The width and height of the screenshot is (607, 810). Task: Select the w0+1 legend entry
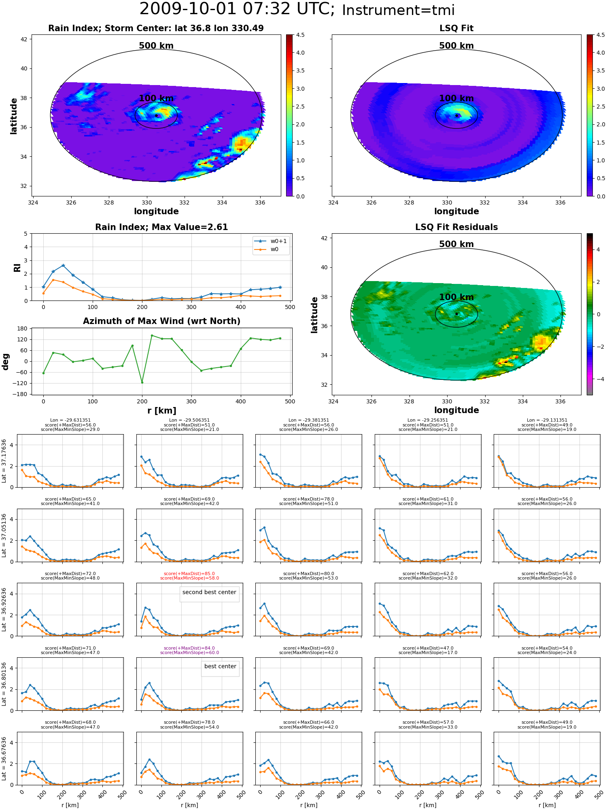coord(271,241)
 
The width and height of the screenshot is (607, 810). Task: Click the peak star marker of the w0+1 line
coord(63,266)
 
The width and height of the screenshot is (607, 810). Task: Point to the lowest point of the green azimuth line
coord(142,382)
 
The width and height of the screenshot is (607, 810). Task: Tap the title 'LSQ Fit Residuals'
coord(456,227)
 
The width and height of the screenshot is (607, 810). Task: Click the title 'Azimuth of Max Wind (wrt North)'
coord(161,321)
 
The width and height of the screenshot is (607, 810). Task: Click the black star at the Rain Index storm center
coord(156,115)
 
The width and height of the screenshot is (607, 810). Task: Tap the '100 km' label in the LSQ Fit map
coord(456,98)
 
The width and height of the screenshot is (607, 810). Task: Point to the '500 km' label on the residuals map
coord(456,244)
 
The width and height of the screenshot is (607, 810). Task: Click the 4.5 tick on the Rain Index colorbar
coord(300,35)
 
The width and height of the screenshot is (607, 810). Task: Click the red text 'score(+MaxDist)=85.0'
coord(189,574)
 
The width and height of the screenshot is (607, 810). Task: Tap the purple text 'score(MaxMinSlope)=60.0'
coord(189,653)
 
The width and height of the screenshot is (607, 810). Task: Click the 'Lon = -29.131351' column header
coord(547,420)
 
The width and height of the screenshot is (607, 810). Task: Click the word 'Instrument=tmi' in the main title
coord(398,11)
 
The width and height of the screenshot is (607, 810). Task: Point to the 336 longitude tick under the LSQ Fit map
coord(560,202)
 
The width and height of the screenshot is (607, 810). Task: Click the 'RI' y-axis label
coord(17,268)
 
